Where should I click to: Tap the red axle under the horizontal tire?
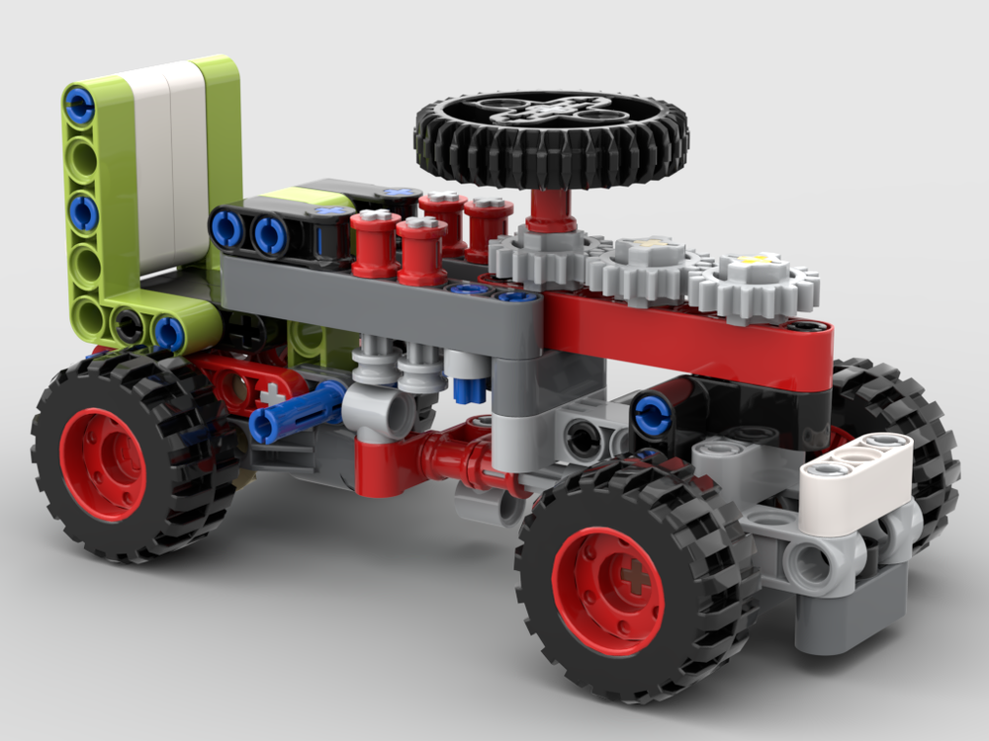tap(547, 208)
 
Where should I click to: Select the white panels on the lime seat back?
tap(166, 168)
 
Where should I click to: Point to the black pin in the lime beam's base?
tap(128, 323)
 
